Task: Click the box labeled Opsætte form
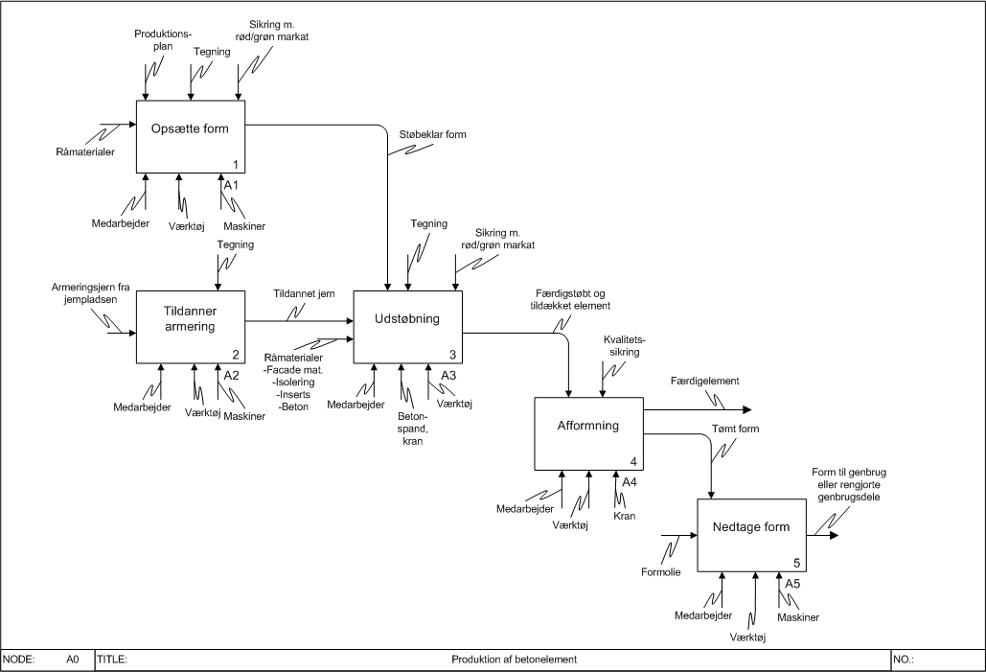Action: [x=191, y=137]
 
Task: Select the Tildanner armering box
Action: [x=191, y=327]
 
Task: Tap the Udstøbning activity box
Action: [x=408, y=327]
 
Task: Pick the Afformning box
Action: [x=587, y=433]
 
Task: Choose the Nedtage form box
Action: [x=750, y=534]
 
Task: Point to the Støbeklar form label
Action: [x=433, y=134]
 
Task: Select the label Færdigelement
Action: [x=705, y=381]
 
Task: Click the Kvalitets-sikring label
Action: [x=624, y=345]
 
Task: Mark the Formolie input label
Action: [x=659, y=572]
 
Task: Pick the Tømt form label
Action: [x=735, y=429]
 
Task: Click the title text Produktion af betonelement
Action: [x=514, y=660]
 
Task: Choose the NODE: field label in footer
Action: [x=19, y=660]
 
